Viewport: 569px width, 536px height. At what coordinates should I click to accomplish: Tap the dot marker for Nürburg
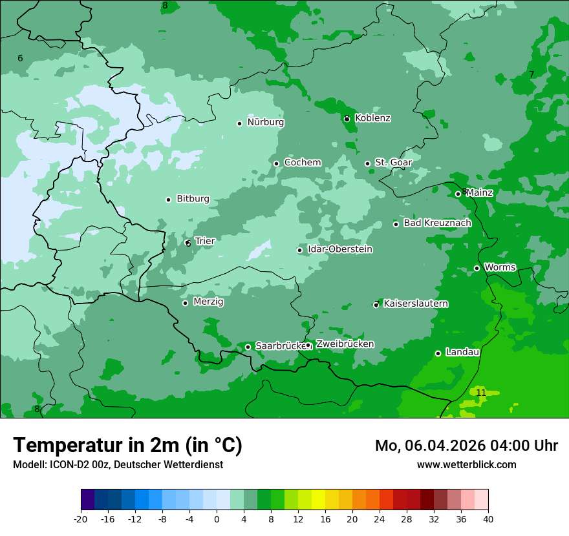pyautogui.click(x=239, y=123)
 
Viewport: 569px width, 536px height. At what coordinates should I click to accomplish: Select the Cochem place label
pyautogui.click(x=303, y=163)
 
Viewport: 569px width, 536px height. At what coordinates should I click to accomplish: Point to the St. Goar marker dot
pyautogui.click(x=367, y=163)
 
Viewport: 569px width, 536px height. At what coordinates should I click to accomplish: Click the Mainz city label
pyautogui.click(x=479, y=192)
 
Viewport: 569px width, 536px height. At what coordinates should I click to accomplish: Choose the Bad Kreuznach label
pyautogui.click(x=437, y=223)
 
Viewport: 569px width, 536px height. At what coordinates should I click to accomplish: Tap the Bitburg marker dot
pyautogui.click(x=168, y=200)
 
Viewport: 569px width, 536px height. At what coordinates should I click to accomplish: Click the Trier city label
pyautogui.click(x=204, y=241)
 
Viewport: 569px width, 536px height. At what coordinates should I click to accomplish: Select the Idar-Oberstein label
pyautogui.click(x=340, y=249)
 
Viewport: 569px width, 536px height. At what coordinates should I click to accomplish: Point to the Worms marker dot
pyautogui.click(x=477, y=268)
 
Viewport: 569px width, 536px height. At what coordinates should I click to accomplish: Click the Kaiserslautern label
pyautogui.click(x=416, y=304)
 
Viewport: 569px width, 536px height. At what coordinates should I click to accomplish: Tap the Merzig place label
pyautogui.click(x=208, y=302)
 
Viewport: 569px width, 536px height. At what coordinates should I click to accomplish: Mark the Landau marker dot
pyautogui.click(x=438, y=353)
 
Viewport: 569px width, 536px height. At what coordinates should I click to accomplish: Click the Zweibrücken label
pyautogui.click(x=345, y=344)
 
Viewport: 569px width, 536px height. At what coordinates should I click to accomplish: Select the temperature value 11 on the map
pyautogui.click(x=481, y=393)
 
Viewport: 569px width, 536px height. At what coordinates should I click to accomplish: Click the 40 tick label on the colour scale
pyautogui.click(x=488, y=519)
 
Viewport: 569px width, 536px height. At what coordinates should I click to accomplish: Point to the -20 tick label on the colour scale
pyautogui.click(x=80, y=519)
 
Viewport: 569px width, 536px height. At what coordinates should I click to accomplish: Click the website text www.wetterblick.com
pyautogui.click(x=466, y=464)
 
